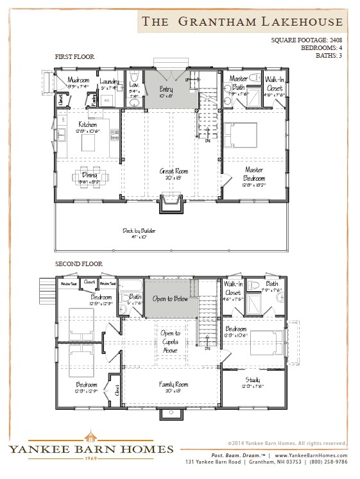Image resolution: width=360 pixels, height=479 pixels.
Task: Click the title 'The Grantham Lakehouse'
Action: click(x=242, y=21)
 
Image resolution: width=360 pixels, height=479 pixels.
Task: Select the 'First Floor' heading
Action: click(x=74, y=57)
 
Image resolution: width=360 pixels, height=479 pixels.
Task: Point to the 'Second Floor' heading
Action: click(x=78, y=264)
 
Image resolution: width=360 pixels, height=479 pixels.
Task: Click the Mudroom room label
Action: click(x=78, y=80)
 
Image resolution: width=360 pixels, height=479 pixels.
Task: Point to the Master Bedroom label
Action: click(x=253, y=170)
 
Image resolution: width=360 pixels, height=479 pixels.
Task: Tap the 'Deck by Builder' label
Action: click(x=139, y=230)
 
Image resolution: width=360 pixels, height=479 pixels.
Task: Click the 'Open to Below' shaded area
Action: click(x=170, y=298)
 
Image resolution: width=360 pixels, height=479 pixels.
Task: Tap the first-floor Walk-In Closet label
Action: click(x=275, y=83)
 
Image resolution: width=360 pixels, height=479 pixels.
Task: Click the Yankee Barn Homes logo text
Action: click(x=90, y=449)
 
